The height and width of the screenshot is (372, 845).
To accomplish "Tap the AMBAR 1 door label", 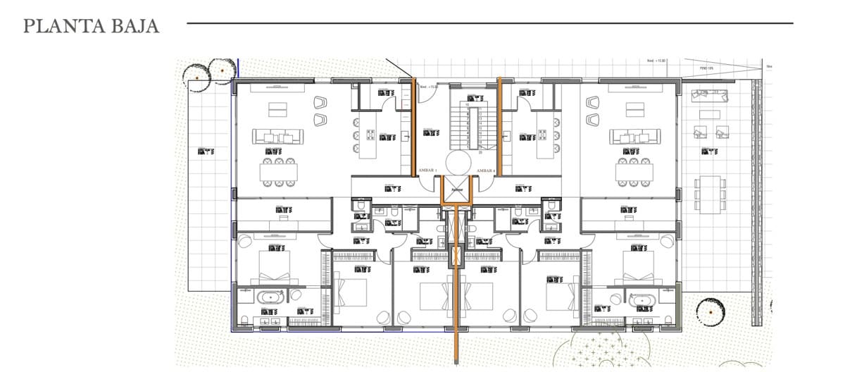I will pos(427,171).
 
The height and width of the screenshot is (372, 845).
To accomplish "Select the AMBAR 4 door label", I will pos(486,171).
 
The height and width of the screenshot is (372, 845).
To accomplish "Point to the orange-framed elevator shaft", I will pos(456,190).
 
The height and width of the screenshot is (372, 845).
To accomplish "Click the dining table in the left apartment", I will pos(279,171).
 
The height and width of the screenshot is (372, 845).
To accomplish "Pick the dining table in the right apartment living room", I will pos(633,171).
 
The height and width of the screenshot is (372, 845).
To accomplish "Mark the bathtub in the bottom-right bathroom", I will pos(641,302).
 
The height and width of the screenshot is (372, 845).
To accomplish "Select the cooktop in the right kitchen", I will pos(543,135).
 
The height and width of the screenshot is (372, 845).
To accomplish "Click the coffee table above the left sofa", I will pos(277,109).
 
